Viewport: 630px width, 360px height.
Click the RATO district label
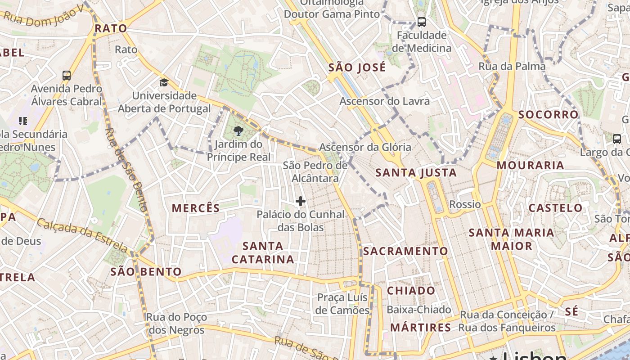pos(111,28)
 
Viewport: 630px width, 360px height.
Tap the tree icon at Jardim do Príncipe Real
pos(238,131)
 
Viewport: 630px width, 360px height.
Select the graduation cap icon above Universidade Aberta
pos(164,83)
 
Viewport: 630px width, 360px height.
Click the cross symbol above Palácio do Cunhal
pos(301,201)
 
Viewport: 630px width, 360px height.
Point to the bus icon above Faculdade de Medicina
pos(421,22)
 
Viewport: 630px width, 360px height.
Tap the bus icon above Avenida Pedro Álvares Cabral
pos(67,75)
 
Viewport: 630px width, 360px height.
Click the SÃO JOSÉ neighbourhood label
pos(357,67)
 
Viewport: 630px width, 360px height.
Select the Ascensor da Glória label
pos(365,147)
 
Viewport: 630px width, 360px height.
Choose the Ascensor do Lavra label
pos(384,101)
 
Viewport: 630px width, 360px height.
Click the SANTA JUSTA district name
pos(416,172)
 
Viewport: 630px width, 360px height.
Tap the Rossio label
pos(465,204)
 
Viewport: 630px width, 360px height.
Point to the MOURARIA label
pos(530,165)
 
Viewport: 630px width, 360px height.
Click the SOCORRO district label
pos(548,114)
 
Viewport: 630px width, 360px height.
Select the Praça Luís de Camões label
pos(342,304)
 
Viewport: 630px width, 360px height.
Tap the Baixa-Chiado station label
pos(418,310)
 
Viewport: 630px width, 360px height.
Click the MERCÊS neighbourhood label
pos(196,208)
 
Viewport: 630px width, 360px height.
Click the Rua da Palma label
pos(512,67)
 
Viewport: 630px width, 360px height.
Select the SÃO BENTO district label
pos(146,272)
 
